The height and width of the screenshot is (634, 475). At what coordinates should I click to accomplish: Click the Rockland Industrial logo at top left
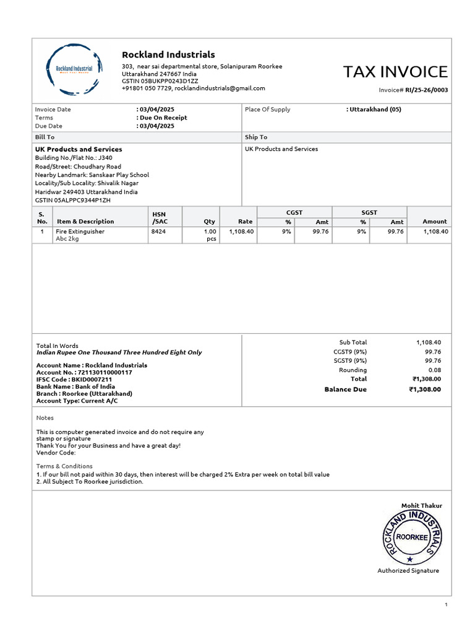tap(74, 69)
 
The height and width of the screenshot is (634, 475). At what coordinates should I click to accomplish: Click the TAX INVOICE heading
tap(395, 72)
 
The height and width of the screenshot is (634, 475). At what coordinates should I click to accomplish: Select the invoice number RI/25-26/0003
tap(427, 90)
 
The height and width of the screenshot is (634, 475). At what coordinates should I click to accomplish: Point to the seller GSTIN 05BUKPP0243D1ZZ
tap(160, 81)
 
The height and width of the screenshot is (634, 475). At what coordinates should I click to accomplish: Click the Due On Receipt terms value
tap(163, 118)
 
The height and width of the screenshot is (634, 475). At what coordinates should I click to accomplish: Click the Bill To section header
tap(45, 137)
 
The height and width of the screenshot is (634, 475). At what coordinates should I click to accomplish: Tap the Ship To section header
tap(256, 137)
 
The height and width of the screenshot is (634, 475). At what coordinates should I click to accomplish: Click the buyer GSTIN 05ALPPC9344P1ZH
tap(73, 200)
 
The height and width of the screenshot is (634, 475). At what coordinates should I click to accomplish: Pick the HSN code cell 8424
tap(158, 232)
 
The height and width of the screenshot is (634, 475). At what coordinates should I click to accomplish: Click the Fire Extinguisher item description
tap(80, 232)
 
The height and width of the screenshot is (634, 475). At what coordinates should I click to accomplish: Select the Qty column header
tap(209, 222)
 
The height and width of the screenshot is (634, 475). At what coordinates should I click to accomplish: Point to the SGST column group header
tap(369, 212)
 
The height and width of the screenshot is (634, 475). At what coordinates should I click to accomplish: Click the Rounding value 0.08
tap(434, 370)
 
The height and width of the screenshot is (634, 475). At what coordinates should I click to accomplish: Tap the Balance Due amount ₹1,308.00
tap(425, 389)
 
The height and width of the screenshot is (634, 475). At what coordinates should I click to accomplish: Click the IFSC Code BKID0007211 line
tap(74, 380)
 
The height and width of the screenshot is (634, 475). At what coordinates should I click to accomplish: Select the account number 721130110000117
tap(84, 373)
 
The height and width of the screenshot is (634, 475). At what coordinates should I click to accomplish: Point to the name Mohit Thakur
tap(422, 506)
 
